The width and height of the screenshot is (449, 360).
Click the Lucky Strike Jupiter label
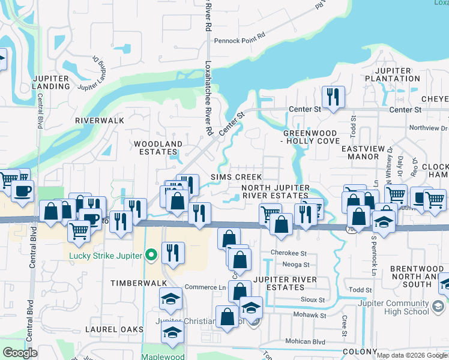pyautogui.click(x=105, y=256)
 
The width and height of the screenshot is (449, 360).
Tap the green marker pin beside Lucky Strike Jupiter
pyautogui.click(x=151, y=256)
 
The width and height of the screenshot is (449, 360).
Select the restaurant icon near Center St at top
pyautogui.click(x=332, y=97)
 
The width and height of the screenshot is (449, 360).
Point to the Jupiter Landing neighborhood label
pyautogui.click(x=52, y=82)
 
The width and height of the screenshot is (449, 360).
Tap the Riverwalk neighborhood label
pyautogui.click(x=100, y=121)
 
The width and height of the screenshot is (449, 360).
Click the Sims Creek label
pyautogui.click(x=236, y=177)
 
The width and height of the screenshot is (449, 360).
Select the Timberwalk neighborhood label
pyautogui.click(x=133, y=281)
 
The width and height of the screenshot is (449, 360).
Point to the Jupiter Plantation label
pyautogui.click(x=392, y=74)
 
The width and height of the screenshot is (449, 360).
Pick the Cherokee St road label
pyautogui.click(x=289, y=253)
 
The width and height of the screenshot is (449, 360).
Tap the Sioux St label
pyautogui.click(x=312, y=299)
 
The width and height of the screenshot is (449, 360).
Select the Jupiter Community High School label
pyautogui.click(x=396, y=307)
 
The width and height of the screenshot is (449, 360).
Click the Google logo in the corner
pyautogui.click(x=20, y=353)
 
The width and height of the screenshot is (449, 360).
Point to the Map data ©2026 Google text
pyautogui.click(x=412, y=355)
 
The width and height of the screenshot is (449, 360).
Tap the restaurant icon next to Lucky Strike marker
pyautogui.click(x=173, y=253)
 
